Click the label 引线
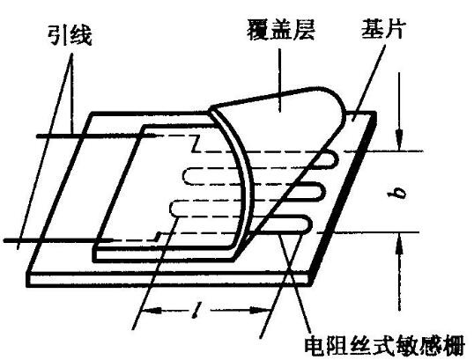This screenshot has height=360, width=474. coord(70,35)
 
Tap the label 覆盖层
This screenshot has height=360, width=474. coord(281,30)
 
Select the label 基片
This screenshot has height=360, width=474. coord(382,29)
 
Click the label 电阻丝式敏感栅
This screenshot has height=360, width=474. coord(383,346)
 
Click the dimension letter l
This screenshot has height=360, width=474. coord(197,310)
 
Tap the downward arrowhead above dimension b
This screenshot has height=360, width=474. coord(400,141)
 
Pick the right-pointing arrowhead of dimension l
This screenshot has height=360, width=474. coord(260,311)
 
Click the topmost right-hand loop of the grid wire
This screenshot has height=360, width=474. coord(331,160)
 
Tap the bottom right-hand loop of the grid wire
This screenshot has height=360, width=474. coord(307,224)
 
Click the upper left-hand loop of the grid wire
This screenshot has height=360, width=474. coord(186,176)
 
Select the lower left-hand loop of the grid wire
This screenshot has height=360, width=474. coord(173,209)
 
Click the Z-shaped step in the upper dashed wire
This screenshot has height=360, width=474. coord(196,143)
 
